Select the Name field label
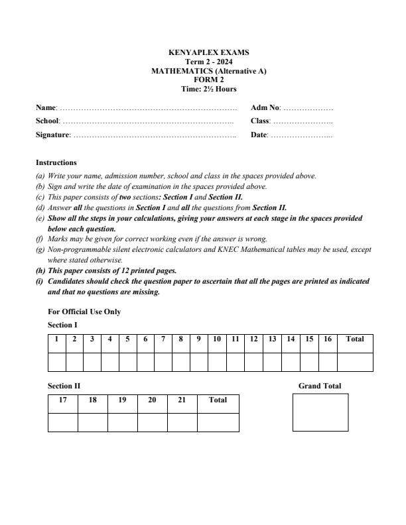pos(46,107)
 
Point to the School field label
pos(48,121)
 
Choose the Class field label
pos(260,121)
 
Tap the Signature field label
pos(52,135)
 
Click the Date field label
pos(259,135)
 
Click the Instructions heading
pos(56,162)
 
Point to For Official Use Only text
pos(84,312)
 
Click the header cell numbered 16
pos(327,339)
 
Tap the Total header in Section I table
pos(355,339)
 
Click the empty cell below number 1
pos(57,362)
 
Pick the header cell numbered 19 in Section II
pos(122,400)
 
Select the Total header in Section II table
pos(218,400)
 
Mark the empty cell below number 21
pos(182,422)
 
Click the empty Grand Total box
pos(320,412)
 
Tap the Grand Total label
pos(320,386)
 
